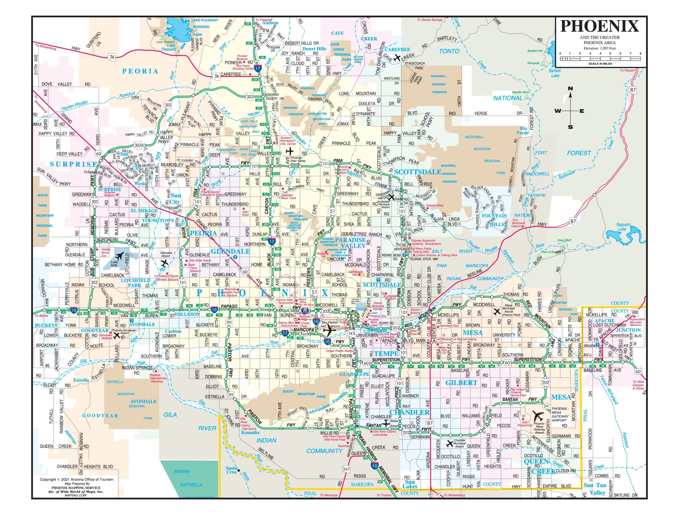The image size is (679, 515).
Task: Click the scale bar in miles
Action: click(600, 58)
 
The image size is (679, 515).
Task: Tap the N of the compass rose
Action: click(570, 89)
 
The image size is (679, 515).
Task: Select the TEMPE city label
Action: click(386, 353)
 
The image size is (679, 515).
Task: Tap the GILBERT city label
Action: click(461, 382)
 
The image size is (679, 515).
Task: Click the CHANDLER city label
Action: click(409, 412)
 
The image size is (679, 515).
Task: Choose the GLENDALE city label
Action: click(230, 251)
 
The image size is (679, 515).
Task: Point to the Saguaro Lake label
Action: click(623, 227)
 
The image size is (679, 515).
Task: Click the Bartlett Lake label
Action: click(555, 73)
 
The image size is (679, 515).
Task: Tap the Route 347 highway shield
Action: click(346, 469)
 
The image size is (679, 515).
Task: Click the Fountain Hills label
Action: click(494, 220)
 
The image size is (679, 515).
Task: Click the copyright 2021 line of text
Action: click(76, 479)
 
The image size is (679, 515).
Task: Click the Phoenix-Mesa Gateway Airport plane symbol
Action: click(538, 416)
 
